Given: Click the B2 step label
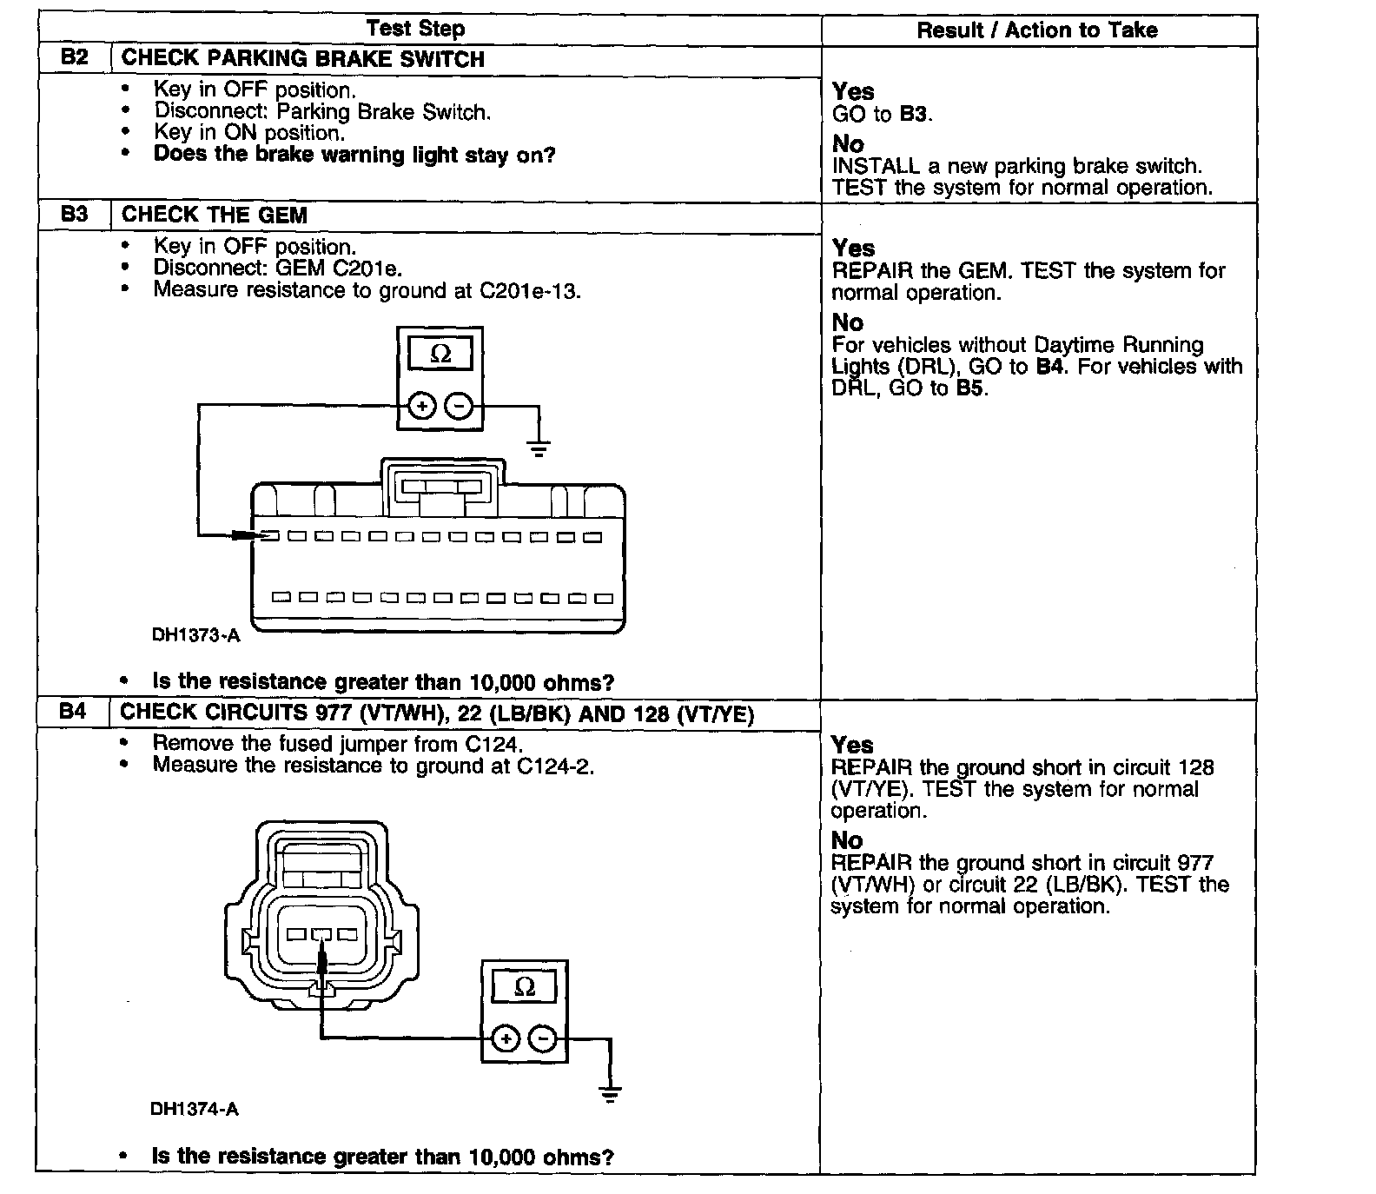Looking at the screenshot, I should [76, 58].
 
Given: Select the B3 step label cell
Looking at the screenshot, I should [76, 215].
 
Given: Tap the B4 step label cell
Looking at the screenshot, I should [74, 713].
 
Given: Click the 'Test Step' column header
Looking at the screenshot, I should [415, 29].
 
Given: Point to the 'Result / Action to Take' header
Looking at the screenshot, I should [1037, 30].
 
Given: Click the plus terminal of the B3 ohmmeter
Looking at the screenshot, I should [422, 406].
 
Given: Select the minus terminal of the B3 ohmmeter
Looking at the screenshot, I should [460, 406].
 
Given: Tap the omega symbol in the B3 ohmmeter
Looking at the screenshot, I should [440, 355].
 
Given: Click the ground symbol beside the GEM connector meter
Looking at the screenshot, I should [539, 448].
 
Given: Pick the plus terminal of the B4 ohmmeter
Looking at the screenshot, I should [506, 1038].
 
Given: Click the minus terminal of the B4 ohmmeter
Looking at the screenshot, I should [543, 1038].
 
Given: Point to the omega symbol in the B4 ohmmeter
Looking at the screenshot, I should [525, 987].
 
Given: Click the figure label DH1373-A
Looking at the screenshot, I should [195, 635].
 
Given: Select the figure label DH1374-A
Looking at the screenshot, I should [194, 1109].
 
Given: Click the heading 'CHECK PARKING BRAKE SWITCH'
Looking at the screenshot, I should [302, 59].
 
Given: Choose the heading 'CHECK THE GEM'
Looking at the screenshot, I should [215, 216].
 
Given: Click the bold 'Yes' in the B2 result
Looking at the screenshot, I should [853, 91].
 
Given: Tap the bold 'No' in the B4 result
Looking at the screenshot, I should [847, 840].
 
